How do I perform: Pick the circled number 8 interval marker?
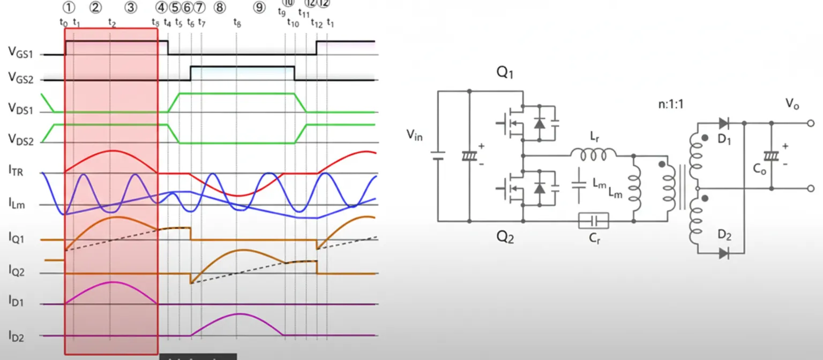click(219, 7)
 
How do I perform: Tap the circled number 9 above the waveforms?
click(259, 7)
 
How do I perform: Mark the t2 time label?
click(111, 22)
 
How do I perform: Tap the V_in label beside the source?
click(414, 136)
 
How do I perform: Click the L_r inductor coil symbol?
click(593, 155)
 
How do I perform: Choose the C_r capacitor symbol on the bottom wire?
click(594, 220)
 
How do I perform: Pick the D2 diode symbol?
click(724, 253)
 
